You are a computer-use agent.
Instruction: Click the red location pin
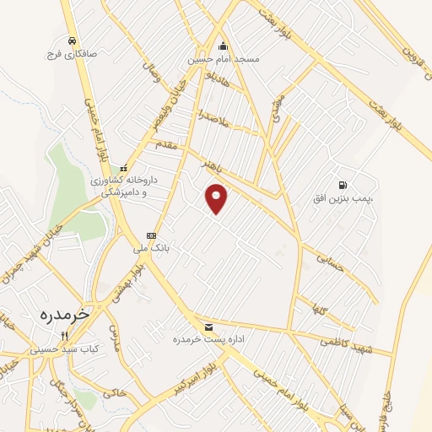217,198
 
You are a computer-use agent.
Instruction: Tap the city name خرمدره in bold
64,314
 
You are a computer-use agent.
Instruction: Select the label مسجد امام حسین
223,60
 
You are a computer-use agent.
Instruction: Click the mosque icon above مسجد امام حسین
223,46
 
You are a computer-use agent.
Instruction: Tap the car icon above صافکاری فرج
73,40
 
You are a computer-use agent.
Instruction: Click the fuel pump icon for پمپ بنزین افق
341,184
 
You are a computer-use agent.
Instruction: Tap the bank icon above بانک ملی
151,235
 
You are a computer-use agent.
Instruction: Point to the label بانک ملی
144,250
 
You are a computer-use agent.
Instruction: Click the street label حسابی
330,263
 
